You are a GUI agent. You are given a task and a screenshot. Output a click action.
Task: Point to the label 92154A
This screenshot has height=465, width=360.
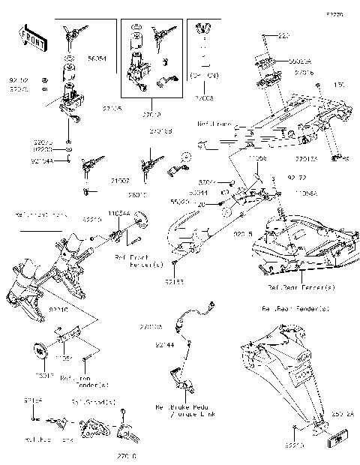click(x=42, y=160)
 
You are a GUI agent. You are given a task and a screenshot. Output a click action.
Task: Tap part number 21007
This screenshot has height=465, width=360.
click(x=99, y=181)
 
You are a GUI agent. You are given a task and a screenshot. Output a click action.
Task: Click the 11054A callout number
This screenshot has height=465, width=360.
click(x=118, y=214)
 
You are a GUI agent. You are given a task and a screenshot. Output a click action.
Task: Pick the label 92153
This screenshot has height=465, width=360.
click(x=175, y=282)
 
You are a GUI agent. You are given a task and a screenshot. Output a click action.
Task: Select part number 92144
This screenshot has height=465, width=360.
click(x=164, y=344)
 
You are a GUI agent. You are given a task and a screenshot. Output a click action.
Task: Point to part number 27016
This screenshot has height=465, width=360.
click(x=304, y=73)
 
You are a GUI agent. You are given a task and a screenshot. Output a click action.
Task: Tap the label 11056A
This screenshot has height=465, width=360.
click(x=307, y=194)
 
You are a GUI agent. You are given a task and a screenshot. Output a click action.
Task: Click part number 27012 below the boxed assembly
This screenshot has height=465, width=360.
click(x=151, y=115)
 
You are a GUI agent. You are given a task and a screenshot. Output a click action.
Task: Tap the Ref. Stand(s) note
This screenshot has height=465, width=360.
click(x=94, y=403)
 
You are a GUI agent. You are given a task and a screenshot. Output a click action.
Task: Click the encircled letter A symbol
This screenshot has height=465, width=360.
click(x=185, y=156)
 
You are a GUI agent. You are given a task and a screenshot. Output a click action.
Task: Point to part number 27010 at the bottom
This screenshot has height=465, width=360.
click(x=126, y=455)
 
